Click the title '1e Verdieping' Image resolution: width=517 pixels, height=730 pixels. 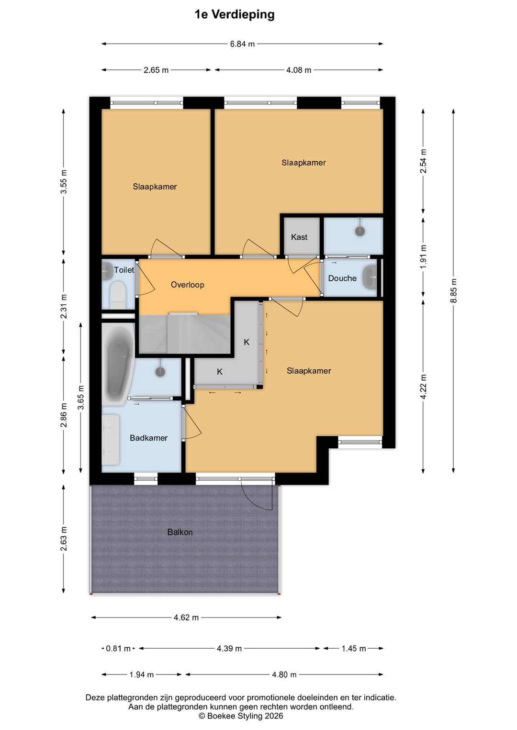(x=235, y=15)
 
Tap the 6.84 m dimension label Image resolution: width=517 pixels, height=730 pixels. (x=242, y=44)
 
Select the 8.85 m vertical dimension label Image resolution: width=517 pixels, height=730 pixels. (x=453, y=291)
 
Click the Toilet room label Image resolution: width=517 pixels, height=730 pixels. (x=124, y=270)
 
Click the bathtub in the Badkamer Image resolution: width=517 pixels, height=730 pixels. (x=118, y=364)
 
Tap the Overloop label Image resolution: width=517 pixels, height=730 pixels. (x=188, y=285)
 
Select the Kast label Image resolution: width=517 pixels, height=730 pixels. (x=299, y=237)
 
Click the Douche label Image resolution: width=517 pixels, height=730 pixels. (x=342, y=278)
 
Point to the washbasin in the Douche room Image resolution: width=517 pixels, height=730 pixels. (x=370, y=277)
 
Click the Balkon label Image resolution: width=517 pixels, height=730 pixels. (x=180, y=532)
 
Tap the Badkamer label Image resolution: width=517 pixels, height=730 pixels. (x=149, y=438)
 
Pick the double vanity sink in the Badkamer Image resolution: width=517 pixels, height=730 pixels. (x=111, y=440)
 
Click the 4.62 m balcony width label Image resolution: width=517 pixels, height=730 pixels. (x=186, y=618)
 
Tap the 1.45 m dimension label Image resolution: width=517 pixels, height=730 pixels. (x=354, y=649)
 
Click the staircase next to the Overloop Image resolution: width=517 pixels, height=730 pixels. (x=184, y=333)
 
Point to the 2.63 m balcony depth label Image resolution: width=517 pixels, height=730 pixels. (x=64, y=539)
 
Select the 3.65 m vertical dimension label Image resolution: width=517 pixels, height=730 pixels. (x=81, y=397)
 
